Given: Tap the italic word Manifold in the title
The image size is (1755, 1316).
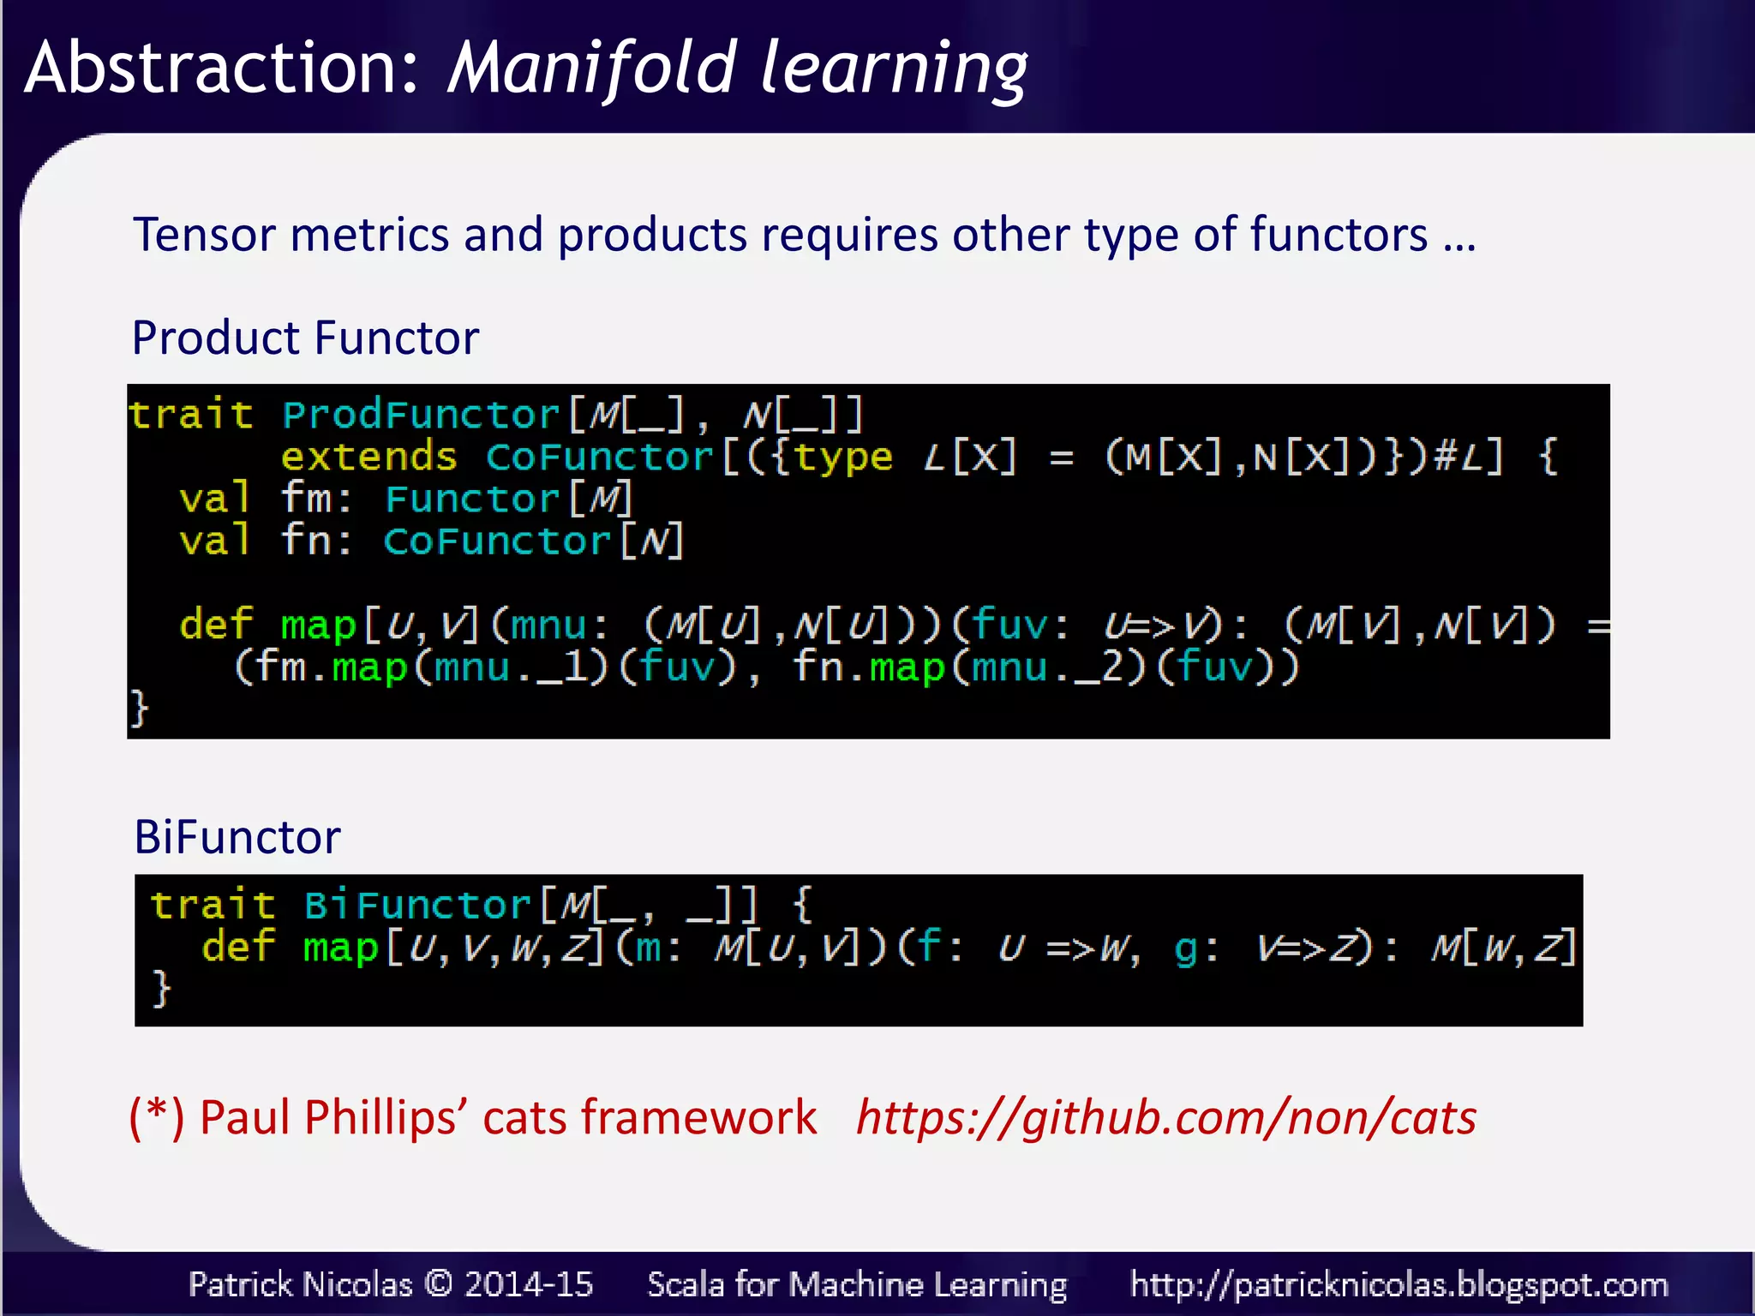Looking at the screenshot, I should point(591,69).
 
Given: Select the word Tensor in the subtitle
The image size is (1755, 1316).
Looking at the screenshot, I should point(204,235).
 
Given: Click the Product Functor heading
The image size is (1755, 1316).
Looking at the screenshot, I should point(305,338).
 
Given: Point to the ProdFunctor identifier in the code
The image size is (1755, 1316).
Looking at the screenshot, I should point(420,416).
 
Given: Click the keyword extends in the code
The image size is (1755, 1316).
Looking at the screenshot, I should point(368,457).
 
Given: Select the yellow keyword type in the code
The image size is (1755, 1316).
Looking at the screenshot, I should point(843,457).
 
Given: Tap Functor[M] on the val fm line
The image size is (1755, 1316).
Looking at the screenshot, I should point(509,499).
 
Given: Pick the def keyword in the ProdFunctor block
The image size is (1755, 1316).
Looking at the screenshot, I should point(216,624).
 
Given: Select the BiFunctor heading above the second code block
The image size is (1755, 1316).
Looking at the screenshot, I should point(237,837).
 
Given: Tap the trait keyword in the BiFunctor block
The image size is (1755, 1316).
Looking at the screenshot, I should point(213,906).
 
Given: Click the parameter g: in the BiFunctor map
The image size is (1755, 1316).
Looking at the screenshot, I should point(1195,948).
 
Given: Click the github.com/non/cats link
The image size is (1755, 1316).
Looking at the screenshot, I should point(1166,1117).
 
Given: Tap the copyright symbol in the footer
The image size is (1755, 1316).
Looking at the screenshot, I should point(438,1283).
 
